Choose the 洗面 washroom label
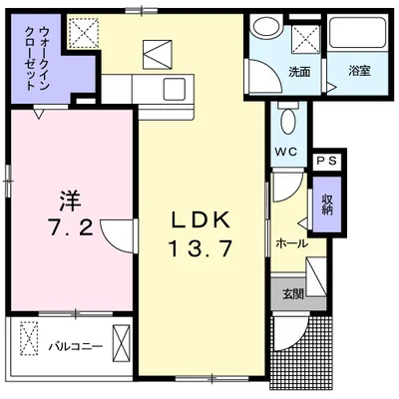(298, 72)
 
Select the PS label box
(326, 160)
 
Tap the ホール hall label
(289, 242)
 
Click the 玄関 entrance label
(292, 293)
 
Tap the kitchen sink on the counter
(171, 87)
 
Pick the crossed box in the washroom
(305, 39)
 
